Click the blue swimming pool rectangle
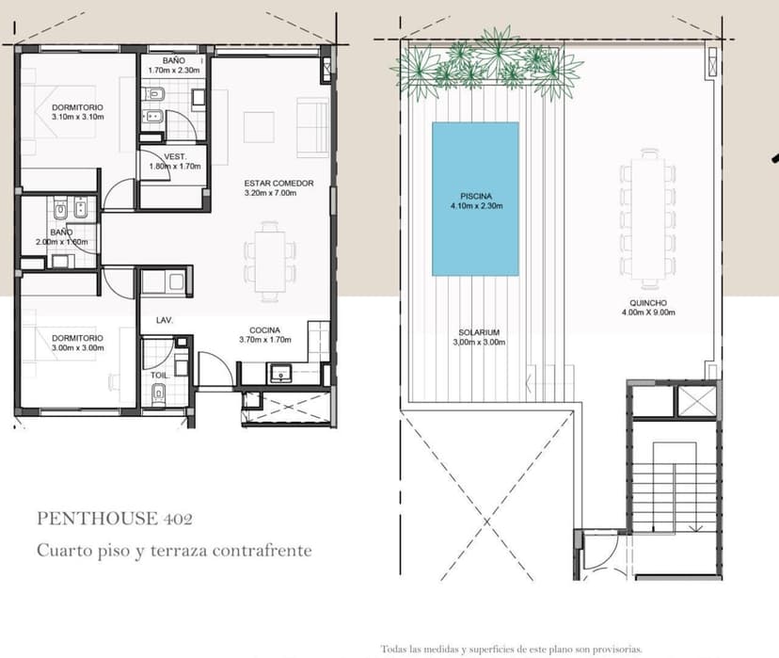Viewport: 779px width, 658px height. pyautogui.click(x=475, y=199)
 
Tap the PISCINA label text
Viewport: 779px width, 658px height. pyautogui.click(x=476, y=197)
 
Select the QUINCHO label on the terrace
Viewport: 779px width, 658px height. pyautogui.click(x=648, y=303)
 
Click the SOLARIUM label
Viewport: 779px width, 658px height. pyautogui.click(x=479, y=332)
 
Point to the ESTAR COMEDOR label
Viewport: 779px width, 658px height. pyautogui.click(x=278, y=184)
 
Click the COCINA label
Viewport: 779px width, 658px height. pyautogui.click(x=264, y=330)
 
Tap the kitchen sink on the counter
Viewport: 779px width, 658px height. pyautogui.click(x=281, y=373)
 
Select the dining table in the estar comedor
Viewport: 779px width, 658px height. pyautogui.click(x=270, y=262)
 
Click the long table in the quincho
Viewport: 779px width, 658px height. pyautogui.click(x=648, y=218)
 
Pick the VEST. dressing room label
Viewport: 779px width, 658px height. pyautogui.click(x=175, y=156)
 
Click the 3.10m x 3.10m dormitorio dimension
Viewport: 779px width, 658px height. pyautogui.click(x=78, y=118)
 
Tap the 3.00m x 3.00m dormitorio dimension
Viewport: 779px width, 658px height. pyautogui.click(x=78, y=348)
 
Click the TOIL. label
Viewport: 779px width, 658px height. pyautogui.click(x=160, y=376)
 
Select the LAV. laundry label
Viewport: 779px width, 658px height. pyautogui.click(x=165, y=321)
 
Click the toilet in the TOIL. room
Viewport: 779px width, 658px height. pyautogui.click(x=159, y=393)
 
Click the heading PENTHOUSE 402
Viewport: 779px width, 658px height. pyautogui.click(x=115, y=519)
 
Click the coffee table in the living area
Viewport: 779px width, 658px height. pyautogui.click(x=259, y=127)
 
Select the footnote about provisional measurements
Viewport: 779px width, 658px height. pyautogui.click(x=512, y=649)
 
